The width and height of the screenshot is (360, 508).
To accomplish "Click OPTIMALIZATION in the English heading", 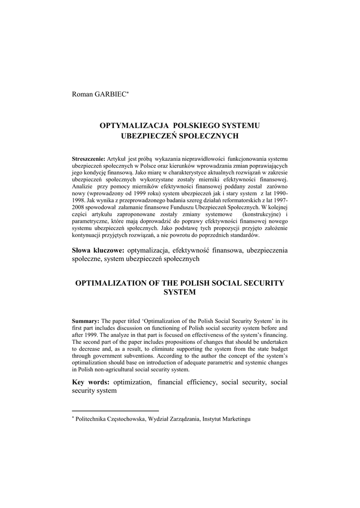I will (112, 283).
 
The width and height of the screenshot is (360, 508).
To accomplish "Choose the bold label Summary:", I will (85, 321).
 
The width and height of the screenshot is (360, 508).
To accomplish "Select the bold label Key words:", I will (90, 382).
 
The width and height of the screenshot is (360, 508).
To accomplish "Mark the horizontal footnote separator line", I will (115, 411).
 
